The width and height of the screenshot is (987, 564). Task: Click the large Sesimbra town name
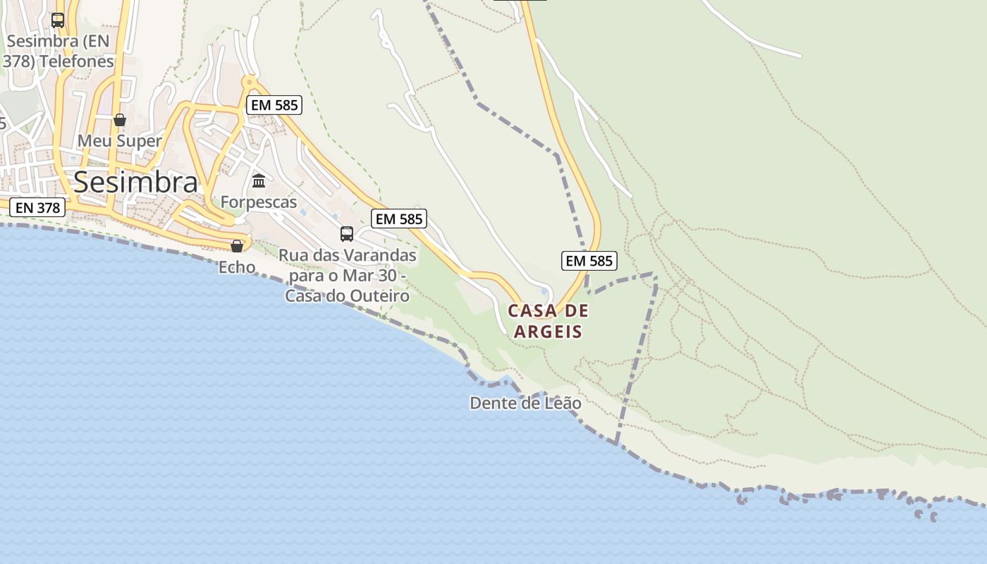135,183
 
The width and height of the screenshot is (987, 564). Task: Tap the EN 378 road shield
38,207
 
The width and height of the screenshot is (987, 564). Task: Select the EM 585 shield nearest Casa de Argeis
589,261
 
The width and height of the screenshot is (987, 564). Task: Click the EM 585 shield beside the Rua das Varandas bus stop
400,219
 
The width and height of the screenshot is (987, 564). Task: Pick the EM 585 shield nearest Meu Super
274,106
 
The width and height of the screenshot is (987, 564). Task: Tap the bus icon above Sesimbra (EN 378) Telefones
58,20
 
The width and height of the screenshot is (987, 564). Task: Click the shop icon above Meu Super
120,120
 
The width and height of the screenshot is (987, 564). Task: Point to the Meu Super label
119,140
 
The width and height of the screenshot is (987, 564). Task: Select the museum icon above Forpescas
259,181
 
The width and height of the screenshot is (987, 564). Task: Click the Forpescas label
259,202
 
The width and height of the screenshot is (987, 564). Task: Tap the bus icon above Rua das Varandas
346,233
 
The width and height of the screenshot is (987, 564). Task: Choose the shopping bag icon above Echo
237,246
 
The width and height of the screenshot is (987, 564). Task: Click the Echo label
237,267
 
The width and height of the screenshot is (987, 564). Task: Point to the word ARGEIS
548,331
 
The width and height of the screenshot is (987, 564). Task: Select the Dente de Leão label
525,403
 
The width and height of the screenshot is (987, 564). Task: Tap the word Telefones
77,61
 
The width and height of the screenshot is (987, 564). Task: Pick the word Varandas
377,255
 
